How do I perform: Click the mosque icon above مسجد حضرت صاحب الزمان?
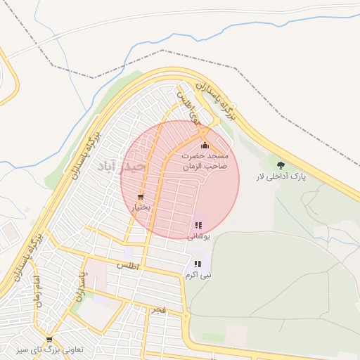205,146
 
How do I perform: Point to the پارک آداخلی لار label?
281,178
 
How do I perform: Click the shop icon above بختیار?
141,197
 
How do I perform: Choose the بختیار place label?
141,208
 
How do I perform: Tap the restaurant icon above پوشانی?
198,225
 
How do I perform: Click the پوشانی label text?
198,237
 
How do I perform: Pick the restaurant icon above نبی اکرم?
198,264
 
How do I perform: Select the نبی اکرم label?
198,276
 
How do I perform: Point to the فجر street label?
158,309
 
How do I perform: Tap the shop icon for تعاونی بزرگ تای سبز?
49,340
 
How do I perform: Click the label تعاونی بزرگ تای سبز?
49,350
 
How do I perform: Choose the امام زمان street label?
37,292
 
